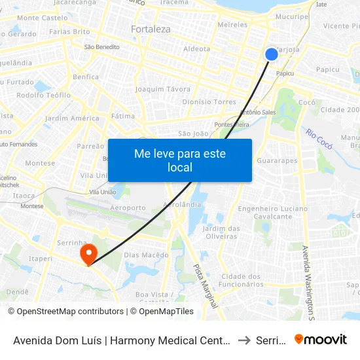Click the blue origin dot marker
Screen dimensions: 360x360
[272, 54]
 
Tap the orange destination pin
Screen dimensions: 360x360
[87, 253]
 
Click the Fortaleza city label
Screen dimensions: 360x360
[151, 29]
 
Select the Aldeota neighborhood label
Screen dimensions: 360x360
[197, 49]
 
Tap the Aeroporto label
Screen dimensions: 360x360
[129, 207]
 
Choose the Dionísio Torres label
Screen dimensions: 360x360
[209, 102]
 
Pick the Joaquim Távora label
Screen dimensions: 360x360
[162, 89]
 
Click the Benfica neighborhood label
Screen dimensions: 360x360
[86, 77]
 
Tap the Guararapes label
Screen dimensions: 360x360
[277, 160]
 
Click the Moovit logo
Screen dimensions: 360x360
[321, 340]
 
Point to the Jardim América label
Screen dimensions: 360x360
[72, 118]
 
